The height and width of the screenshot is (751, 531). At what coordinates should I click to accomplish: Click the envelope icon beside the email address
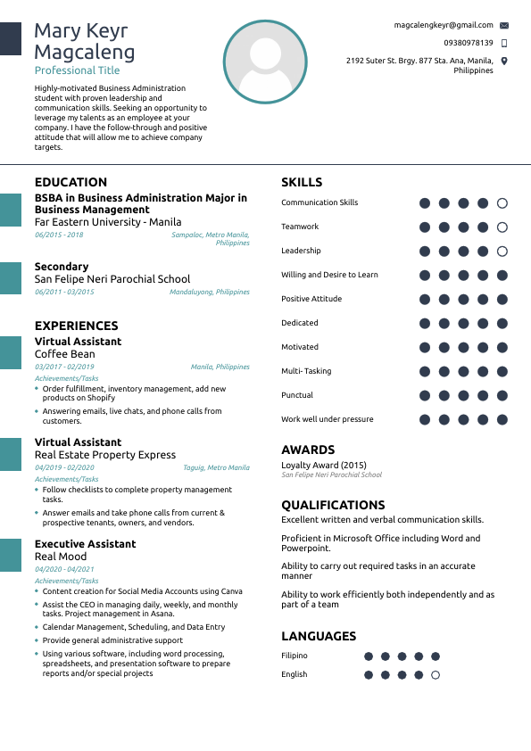tap(504, 26)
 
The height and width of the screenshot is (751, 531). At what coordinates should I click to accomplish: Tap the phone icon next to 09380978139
tap(504, 43)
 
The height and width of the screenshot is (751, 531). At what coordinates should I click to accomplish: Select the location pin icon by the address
tap(504, 61)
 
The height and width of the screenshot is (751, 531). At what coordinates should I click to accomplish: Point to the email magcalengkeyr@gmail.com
tap(444, 26)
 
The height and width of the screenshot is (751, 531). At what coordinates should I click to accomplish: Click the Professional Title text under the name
tap(77, 70)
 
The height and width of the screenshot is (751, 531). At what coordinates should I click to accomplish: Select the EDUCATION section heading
tap(71, 182)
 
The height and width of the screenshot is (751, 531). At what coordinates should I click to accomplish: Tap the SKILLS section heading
tap(302, 182)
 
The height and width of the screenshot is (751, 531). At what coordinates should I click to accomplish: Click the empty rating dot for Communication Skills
tap(502, 203)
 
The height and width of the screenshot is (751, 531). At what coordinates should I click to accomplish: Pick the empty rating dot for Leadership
tap(502, 252)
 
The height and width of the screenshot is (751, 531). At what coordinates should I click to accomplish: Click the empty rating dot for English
tap(436, 675)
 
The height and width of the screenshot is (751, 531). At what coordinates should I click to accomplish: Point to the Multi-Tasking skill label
tap(306, 371)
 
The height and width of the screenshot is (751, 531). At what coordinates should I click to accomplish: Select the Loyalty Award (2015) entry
tap(324, 465)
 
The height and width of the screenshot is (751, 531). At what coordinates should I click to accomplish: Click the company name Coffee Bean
tap(64, 354)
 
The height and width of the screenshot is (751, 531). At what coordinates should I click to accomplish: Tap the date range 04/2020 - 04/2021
tap(64, 569)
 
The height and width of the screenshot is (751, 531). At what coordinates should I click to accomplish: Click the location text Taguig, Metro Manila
tap(216, 467)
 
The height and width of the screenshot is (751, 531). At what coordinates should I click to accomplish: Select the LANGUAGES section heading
tap(319, 636)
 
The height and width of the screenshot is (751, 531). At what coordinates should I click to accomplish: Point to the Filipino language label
tap(295, 656)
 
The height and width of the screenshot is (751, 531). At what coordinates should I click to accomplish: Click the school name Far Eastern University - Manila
tap(107, 222)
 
